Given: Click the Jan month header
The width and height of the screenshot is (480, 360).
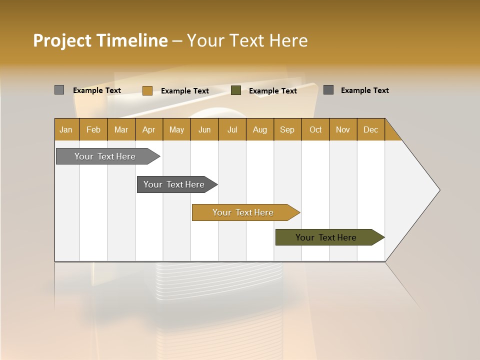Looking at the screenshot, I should coord(66,129).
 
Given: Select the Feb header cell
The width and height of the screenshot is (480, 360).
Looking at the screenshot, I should coord(93,129).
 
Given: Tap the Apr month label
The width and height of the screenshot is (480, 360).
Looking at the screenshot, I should coord(148,129).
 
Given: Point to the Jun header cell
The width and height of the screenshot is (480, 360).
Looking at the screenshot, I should coord(204,129).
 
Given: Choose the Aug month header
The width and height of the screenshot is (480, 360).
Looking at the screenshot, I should coord(259,129).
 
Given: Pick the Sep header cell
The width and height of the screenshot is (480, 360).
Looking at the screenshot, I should coord(287,129).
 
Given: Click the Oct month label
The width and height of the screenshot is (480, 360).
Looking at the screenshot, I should coord(315,129).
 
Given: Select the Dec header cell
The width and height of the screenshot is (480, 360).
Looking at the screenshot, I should coord(370,129).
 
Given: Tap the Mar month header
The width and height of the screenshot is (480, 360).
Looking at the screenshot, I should coord(121,129).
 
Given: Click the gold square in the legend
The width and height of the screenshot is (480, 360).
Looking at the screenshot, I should coord(147,90).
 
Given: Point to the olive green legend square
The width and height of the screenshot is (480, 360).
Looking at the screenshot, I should coord(236,90).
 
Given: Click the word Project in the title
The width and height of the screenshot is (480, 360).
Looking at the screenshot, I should coord(61,41).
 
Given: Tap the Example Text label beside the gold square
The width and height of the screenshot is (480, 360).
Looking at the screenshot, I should coord(184,91).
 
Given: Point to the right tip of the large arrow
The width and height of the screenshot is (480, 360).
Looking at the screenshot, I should coord(438,190).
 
